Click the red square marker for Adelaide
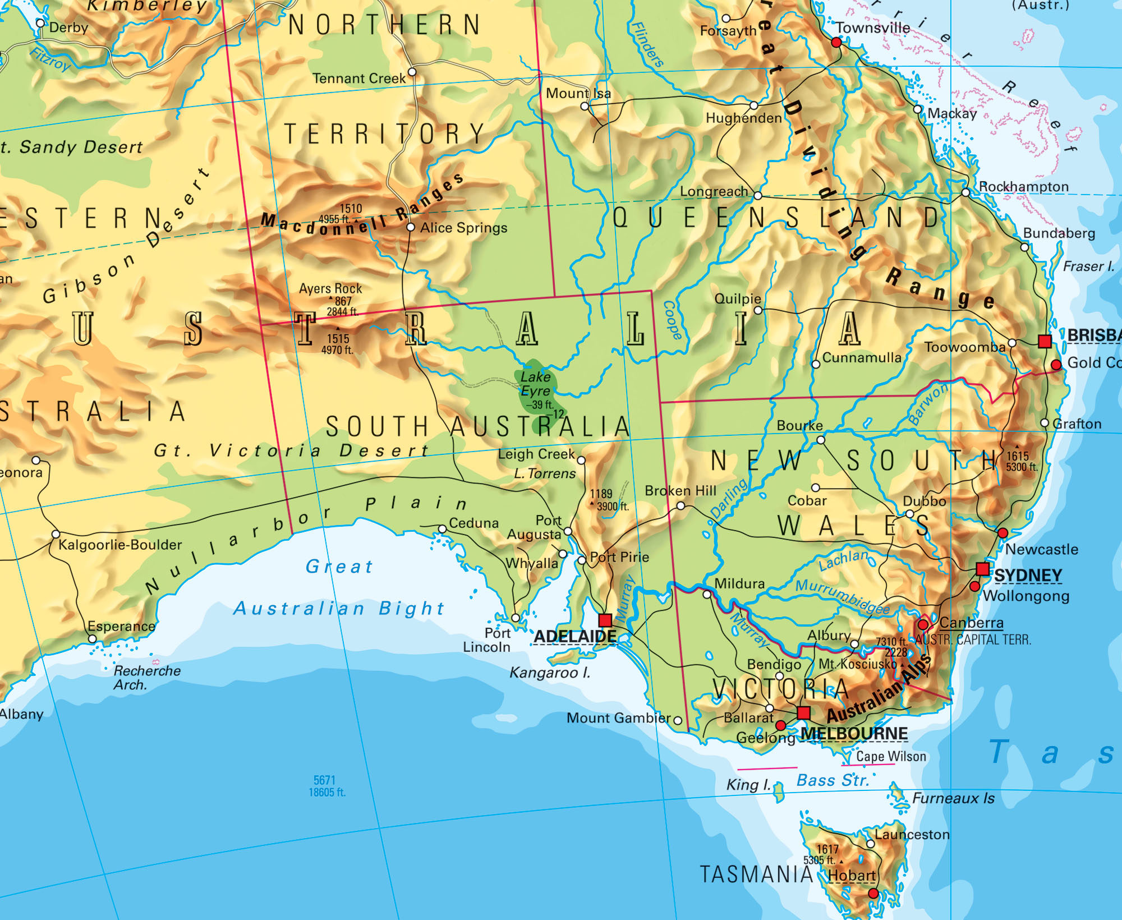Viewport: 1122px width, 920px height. coord(605,620)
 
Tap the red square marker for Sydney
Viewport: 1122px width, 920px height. coord(982,569)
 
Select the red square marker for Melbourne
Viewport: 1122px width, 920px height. coord(803,713)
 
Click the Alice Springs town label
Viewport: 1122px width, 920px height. coord(463,228)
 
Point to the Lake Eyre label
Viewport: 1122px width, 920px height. coord(536,384)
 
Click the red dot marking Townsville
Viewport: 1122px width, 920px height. coord(836,43)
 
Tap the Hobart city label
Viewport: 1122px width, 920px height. coord(852,875)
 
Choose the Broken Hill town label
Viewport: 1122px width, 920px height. coord(680,491)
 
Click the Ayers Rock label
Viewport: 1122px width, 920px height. coord(330,289)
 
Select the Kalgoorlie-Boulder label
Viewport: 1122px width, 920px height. coord(120,545)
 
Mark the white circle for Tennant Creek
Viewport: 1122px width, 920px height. coord(412,72)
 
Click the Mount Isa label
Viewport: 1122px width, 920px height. coord(578,93)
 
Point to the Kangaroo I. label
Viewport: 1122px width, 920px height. coord(549,673)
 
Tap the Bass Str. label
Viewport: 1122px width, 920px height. coord(833,780)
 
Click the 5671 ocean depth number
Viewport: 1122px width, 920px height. coord(324,780)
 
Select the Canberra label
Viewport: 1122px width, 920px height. coord(971,623)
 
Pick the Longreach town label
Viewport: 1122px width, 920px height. coord(714,192)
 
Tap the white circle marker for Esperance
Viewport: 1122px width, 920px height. coord(93,639)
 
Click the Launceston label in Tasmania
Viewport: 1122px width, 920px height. coord(912,835)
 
